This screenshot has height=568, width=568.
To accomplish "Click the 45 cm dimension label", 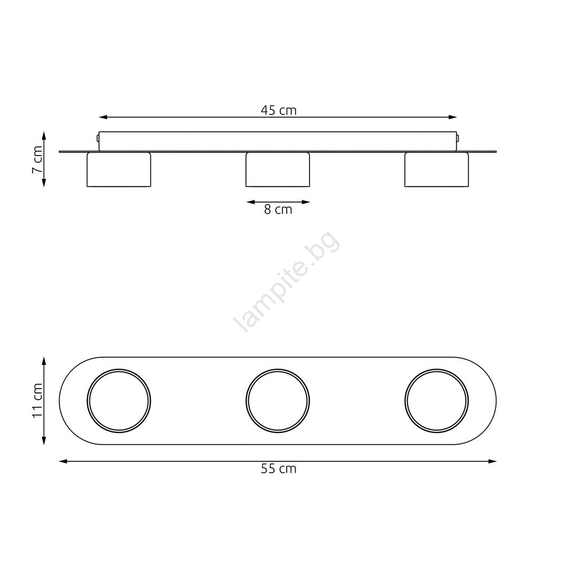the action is [x=279, y=110].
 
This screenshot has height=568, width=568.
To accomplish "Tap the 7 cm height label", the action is [x=38, y=159].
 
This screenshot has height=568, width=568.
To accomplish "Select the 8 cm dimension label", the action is [x=278, y=209].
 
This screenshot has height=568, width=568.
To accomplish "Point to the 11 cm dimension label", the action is [x=38, y=400].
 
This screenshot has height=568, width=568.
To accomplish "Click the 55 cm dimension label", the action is [x=279, y=469].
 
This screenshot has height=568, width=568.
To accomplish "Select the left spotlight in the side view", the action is [x=119, y=169].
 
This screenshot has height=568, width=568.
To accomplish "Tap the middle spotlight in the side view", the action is [x=278, y=169].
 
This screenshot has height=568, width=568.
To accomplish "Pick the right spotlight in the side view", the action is [x=437, y=169].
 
